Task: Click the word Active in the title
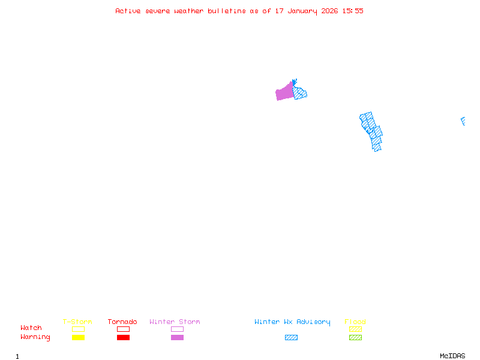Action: [128, 11]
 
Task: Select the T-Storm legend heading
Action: [77, 322]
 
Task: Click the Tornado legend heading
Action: [122, 322]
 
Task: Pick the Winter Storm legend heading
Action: [175, 322]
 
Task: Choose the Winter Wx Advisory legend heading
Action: [292, 322]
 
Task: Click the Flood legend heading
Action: [355, 322]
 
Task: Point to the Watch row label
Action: [31, 328]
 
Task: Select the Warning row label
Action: [35, 337]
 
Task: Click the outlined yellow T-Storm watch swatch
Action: [78, 329]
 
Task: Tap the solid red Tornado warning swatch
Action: [123, 337]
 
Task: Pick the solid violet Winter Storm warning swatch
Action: [177, 337]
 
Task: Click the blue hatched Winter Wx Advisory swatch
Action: [291, 337]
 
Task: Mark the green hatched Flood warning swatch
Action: [355, 337]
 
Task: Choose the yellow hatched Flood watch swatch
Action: [355, 329]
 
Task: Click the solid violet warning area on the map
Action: [284, 92]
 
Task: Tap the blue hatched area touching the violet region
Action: [300, 93]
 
